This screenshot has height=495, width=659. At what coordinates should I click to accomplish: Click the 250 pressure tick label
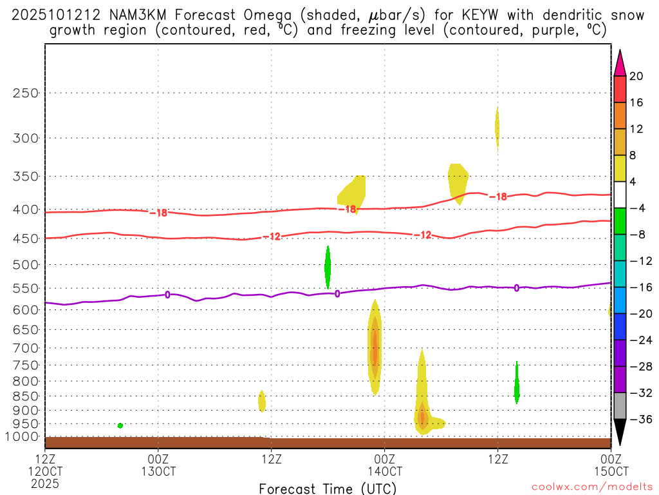pyautogui.click(x=26, y=93)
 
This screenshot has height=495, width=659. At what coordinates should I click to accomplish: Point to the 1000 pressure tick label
pyautogui.click(x=23, y=436)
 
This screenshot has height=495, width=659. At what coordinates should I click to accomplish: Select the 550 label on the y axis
pyautogui.click(x=26, y=288)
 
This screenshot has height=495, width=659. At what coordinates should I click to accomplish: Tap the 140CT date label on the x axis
pyautogui.click(x=384, y=471)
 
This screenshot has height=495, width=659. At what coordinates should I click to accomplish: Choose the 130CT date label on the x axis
pyautogui.click(x=158, y=471)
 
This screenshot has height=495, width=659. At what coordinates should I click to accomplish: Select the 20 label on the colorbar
pyautogui.click(x=636, y=76)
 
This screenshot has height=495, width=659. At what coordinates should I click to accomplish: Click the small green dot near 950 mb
pyautogui.click(x=120, y=425)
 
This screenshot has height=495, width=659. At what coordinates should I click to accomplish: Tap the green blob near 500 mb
pyautogui.click(x=328, y=267)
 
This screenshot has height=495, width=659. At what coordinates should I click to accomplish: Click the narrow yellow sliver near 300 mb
pyautogui.click(x=497, y=126)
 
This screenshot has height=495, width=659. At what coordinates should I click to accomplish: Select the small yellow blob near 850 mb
pyautogui.click(x=262, y=401)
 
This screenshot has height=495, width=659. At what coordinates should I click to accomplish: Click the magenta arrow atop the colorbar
pyautogui.click(x=620, y=63)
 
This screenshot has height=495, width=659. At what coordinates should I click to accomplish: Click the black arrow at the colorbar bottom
pyautogui.click(x=620, y=432)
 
